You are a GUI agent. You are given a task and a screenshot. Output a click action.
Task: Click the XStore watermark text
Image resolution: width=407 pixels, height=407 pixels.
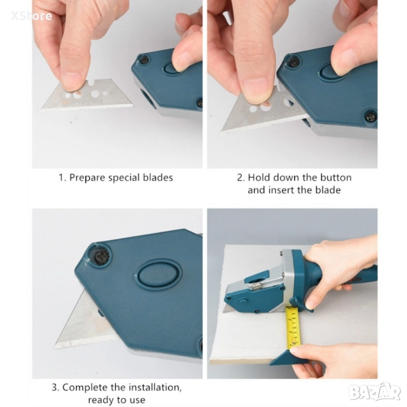(31, 16)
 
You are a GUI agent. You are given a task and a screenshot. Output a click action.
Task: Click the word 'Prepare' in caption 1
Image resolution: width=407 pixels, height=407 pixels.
(87, 178)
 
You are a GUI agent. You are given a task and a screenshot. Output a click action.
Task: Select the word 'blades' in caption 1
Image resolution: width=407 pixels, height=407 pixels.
(158, 178)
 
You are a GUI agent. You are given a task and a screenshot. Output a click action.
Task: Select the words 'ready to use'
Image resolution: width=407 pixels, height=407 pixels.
(117, 400)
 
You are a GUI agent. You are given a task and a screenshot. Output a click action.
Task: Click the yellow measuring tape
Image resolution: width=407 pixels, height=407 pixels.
(293, 326)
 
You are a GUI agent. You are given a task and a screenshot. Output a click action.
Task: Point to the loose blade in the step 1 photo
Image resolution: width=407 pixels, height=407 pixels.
(87, 95)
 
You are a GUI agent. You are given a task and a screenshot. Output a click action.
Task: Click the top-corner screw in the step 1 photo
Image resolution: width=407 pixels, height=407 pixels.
(144, 60)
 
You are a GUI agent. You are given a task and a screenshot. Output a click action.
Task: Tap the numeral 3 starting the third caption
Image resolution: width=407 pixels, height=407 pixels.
(55, 387)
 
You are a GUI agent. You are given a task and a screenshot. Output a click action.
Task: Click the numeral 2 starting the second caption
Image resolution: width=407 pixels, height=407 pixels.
(241, 178)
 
